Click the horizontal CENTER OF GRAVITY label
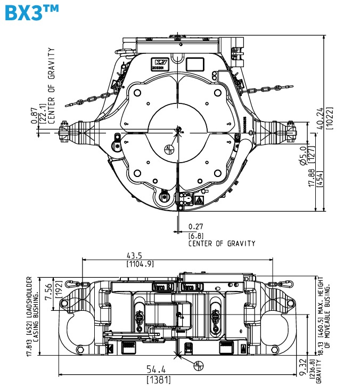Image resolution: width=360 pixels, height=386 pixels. [222, 243]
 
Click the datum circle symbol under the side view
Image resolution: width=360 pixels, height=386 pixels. [198, 365]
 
